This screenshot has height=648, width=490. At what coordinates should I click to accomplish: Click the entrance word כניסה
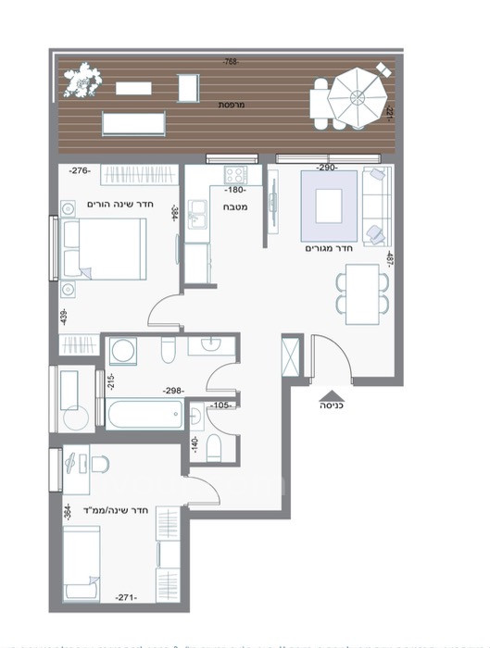[332, 405]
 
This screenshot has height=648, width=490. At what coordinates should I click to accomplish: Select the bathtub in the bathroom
[144, 413]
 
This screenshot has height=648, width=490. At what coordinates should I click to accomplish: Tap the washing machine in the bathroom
[122, 352]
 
